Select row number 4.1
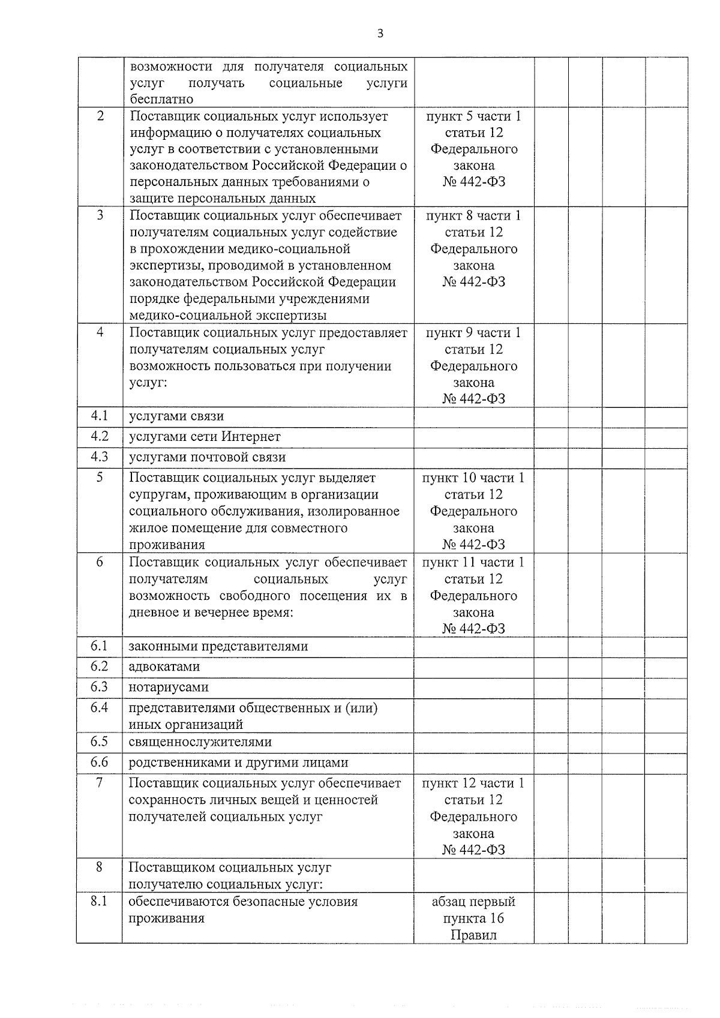(x=100, y=416)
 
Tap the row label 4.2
(x=100, y=436)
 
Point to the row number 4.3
(x=100, y=457)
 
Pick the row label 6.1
(x=100, y=646)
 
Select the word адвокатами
(x=164, y=667)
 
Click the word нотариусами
(x=169, y=687)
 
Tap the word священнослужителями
(x=200, y=742)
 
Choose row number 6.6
(x=100, y=762)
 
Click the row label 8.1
(x=100, y=902)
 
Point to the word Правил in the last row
(x=473, y=935)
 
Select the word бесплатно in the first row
(x=162, y=100)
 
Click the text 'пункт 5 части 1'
(x=473, y=116)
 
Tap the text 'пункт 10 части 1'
(x=473, y=478)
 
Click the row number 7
(x=100, y=783)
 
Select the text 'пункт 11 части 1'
(x=473, y=563)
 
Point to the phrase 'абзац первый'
(x=473, y=902)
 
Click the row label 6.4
(x=100, y=708)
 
